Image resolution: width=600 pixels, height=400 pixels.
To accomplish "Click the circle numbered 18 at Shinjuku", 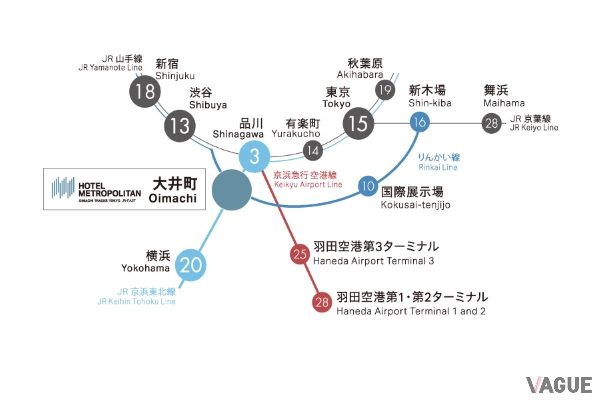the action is (145, 91).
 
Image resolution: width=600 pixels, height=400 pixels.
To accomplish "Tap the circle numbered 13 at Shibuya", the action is (180, 126).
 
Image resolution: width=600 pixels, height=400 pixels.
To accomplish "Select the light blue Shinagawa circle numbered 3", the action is (254, 156).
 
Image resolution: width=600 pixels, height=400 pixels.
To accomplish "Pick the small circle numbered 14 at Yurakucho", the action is (313, 151).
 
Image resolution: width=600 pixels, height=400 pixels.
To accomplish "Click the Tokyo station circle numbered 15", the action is (358, 123).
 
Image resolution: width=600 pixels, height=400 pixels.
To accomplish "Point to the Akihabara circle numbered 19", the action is (385, 90).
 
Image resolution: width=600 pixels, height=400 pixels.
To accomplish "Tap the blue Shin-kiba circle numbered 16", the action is (420, 122).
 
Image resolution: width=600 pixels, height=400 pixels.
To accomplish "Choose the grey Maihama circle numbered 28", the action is (492, 123).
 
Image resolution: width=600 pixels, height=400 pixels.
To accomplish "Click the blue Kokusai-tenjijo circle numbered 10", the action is (368, 186).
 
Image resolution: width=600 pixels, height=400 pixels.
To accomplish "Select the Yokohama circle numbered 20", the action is (191, 265).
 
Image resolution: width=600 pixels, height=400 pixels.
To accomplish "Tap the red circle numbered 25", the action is (300, 254).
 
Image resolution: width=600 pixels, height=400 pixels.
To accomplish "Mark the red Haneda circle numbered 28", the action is (322, 302).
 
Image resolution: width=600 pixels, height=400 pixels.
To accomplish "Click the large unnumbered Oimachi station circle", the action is (232, 190).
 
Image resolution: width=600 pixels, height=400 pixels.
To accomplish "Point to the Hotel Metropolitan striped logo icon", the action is (63, 188).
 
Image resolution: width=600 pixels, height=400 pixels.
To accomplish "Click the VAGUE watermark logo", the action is (559, 385).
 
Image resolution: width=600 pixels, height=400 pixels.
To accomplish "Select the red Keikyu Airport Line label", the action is (307, 180).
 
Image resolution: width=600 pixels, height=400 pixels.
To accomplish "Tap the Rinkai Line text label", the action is (439, 162).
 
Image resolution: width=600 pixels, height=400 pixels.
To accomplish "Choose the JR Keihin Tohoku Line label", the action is (137, 296).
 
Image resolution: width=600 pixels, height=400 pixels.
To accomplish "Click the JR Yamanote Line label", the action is (110, 63).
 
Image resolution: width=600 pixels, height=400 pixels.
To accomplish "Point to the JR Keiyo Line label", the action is (534, 123).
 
